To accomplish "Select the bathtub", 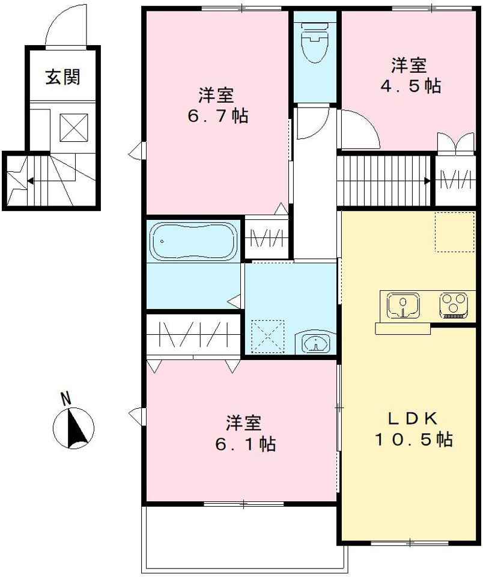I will (193, 240).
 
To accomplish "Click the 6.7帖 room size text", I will (217, 115).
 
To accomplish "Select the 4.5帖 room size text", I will (410, 86).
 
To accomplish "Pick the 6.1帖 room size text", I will (245, 444).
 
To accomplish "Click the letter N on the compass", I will (67, 398).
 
